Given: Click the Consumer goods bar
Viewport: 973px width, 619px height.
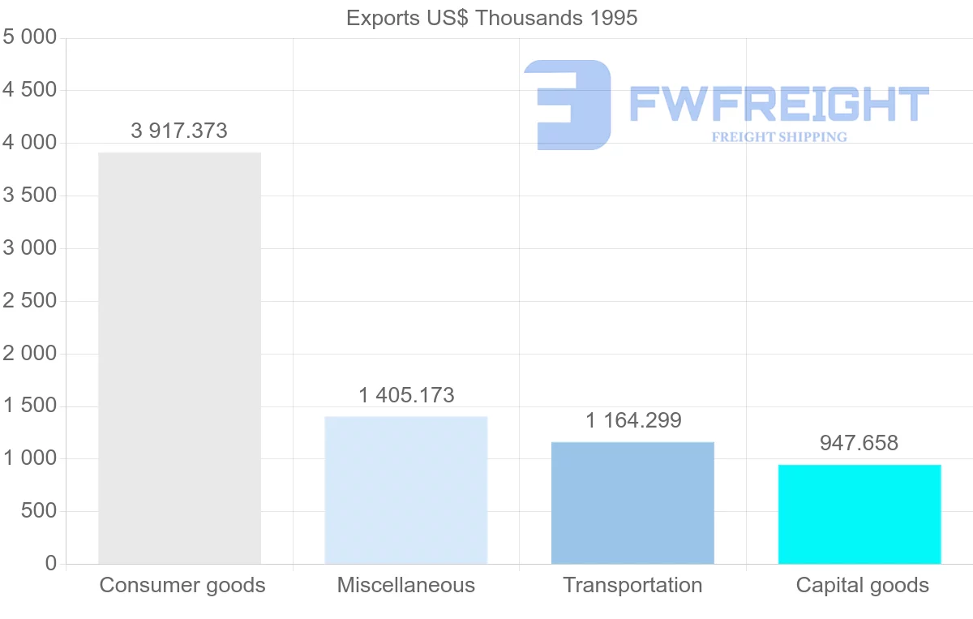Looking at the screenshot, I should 179,358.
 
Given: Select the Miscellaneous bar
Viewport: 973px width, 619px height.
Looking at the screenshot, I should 406,490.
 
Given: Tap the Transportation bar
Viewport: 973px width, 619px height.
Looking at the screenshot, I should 632,503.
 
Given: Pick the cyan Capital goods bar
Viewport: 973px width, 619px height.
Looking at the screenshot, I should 859,514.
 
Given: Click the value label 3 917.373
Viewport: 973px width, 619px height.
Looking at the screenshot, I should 179,131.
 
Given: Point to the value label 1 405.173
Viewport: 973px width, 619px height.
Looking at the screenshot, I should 406,396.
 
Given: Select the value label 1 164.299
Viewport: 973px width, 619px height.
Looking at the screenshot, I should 633,421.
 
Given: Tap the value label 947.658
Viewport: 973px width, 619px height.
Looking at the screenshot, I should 859,443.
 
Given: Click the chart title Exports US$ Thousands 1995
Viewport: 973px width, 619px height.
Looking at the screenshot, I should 492,18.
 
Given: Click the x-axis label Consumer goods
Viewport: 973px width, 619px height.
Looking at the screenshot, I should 182,585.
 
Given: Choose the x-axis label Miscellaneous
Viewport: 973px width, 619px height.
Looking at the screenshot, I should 406,585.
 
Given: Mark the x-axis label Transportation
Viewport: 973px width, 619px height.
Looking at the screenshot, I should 632,585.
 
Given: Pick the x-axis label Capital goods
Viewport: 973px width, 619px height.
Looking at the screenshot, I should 862,585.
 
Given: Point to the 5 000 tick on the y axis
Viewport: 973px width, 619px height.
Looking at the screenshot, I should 30,37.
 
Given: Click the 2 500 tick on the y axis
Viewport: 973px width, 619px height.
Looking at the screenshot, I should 30,301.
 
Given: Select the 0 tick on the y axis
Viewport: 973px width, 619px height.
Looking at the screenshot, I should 51,564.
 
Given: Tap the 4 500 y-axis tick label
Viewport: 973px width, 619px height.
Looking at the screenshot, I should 30,90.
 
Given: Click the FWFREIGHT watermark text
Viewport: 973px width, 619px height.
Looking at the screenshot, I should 778,104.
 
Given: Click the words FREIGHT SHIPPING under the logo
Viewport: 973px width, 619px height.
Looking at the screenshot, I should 778,137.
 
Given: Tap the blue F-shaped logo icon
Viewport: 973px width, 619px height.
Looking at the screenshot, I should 568,104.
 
